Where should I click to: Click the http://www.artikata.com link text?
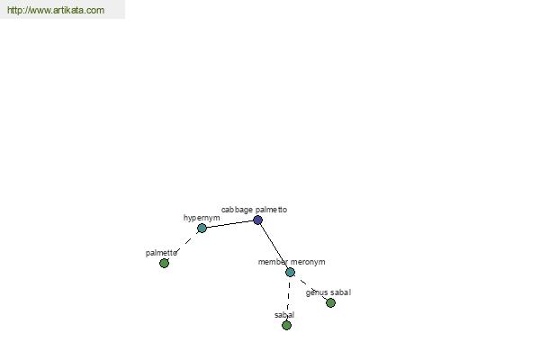tap(56, 10)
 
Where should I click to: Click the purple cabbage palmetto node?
tap(257, 220)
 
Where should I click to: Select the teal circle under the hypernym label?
tap(202, 228)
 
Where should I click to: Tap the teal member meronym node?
tap(290, 272)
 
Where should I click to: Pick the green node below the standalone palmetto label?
tap(165, 263)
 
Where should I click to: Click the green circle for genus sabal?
tap(330, 302)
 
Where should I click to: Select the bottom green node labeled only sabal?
tap(286, 325)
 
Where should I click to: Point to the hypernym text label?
tap(202, 218)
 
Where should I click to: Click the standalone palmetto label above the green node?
tap(161, 253)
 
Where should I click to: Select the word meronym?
tap(307, 262)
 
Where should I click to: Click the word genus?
tap(315, 292)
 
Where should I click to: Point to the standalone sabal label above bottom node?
tap(284, 315)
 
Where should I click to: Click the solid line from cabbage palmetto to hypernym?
tap(229, 224)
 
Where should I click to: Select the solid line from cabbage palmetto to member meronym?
tap(274, 246)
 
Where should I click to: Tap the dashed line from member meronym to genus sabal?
tap(310, 287)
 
